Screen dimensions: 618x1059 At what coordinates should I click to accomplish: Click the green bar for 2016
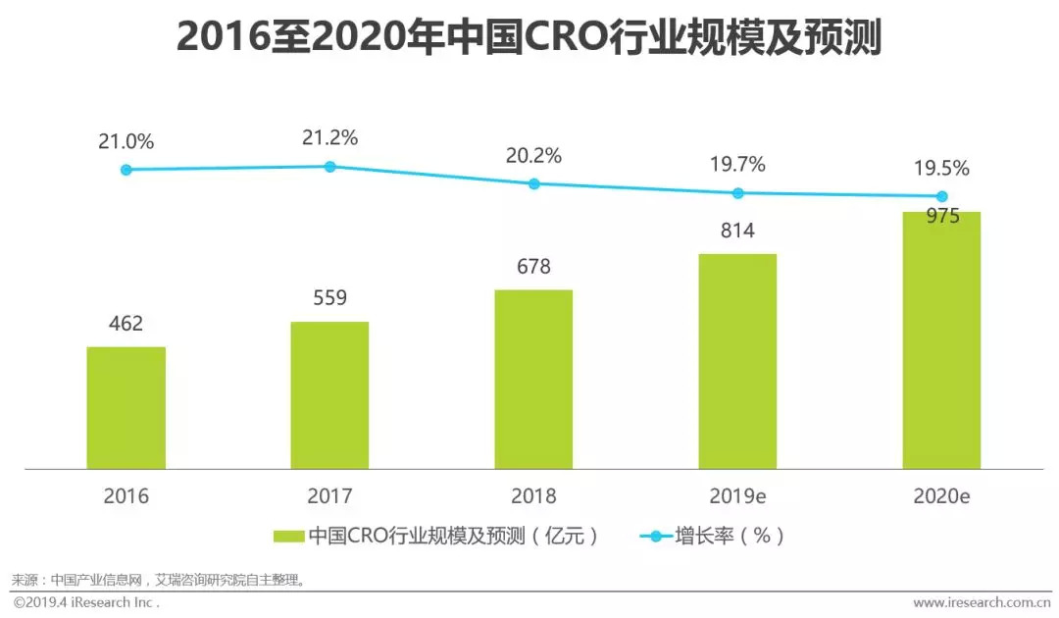click(126, 407)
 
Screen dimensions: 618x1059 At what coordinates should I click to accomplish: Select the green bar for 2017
click(329, 395)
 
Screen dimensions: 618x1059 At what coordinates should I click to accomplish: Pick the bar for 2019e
click(737, 361)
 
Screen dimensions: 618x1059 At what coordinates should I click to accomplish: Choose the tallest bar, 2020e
click(941, 340)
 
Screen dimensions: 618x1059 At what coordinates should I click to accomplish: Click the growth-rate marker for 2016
click(126, 170)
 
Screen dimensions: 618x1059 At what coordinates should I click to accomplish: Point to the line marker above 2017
click(329, 167)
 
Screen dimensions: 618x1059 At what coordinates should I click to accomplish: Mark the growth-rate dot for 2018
click(533, 183)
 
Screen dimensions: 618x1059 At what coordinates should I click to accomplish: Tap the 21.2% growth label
click(329, 138)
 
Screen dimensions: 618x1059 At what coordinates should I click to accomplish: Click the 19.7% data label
click(737, 164)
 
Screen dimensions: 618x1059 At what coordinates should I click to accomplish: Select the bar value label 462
click(126, 323)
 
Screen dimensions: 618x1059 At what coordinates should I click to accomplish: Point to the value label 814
click(737, 231)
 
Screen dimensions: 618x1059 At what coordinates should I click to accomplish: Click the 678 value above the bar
click(533, 266)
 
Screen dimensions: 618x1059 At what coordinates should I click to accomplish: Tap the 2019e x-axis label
click(737, 496)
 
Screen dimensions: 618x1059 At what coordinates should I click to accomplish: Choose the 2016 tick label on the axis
click(126, 496)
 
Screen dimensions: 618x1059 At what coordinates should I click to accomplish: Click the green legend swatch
click(288, 536)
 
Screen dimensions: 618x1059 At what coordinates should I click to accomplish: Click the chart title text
click(529, 38)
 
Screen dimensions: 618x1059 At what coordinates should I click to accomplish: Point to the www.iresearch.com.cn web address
click(981, 602)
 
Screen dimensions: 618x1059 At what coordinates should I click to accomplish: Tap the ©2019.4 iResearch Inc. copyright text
click(86, 602)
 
